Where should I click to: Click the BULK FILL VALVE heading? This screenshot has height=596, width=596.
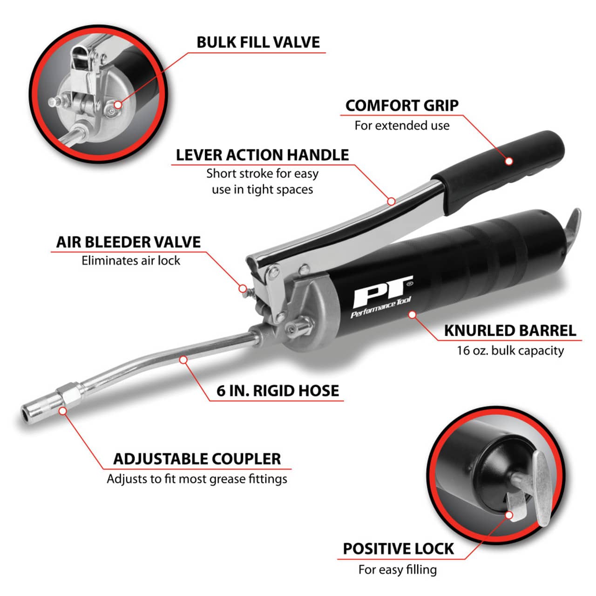(258, 42)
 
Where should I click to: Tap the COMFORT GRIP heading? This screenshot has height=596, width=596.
(402, 106)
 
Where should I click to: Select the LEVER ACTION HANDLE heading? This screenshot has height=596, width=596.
(262, 155)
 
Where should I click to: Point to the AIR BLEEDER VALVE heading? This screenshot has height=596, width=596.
(129, 242)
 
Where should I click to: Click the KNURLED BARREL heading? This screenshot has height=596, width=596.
(510, 331)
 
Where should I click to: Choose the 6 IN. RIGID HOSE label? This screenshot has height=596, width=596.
(278, 391)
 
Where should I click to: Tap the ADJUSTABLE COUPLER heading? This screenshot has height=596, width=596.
(197, 459)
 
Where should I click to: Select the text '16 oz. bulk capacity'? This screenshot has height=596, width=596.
(510, 351)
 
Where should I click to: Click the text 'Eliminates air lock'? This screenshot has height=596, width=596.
(130, 260)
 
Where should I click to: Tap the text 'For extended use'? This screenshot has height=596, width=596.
(402, 125)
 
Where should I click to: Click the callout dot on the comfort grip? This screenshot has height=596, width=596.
(509, 161)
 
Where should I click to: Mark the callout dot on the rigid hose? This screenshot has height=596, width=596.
(183, 359)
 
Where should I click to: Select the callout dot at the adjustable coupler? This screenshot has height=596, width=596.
(63, 411)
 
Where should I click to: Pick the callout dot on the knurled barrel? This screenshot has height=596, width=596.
(412, 315)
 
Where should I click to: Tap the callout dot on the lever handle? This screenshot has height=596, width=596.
(391, 201)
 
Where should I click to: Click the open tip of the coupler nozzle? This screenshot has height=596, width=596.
(25, 413)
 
